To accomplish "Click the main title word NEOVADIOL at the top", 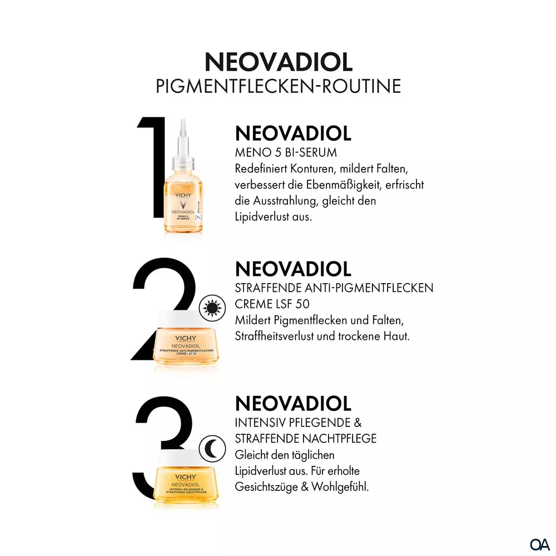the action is coord(279,62).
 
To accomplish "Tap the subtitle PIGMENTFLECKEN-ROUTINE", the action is coord(279,86).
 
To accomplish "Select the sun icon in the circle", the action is coord(212,308).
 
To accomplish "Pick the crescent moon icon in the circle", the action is coord(212,449).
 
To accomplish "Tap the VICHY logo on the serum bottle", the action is coord(183,195).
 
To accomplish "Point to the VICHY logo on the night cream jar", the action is coord(186,477).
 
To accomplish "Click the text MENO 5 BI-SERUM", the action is coord(286,152).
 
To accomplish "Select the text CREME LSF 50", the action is coord(272,304).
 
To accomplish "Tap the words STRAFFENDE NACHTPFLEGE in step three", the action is coord(306,439).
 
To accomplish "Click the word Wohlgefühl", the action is coord(340,487).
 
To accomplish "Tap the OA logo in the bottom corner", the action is coord(540,544).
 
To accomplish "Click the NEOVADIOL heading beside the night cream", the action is coord(293,404).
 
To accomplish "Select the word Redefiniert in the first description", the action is coord(261,168).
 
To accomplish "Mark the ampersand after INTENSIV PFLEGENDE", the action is coord(358,423).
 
